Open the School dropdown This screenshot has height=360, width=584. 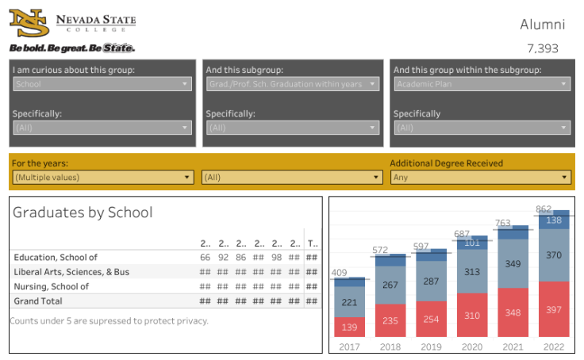pyautogui.click(x=102, y=83)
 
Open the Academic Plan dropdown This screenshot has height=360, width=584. pyautogui.click(x=482, y=83)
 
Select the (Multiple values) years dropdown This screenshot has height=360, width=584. pyautogui.click(x=102, y=177)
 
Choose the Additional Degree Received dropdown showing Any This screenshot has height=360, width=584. pyautogui.click(x=481, y=177)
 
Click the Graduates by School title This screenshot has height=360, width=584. pyautogui.click(x=83, y=213)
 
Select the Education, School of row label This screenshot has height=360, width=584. pyautogui.click(x=55, y=257)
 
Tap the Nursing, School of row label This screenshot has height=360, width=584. pyautogui.click(x=51, y=286)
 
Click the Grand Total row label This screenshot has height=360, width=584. pyautogui.click(x=37, y=301)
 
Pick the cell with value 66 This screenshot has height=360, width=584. pyautogui.click(x=205, y=257)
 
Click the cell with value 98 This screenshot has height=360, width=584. pyautogui.click(x=276, y=257)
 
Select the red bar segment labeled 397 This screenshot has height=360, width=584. pyautogui.click(x=553, y=308)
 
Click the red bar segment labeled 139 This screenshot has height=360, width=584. pyautogui.click(x=349, y=326)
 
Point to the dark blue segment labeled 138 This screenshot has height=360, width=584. pyautogui.click(x=553, y=220)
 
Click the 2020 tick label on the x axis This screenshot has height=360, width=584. pyautogui.click(x=471, y=347)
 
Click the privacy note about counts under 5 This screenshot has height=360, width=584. pyautogui.click(x=109, y=320)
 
